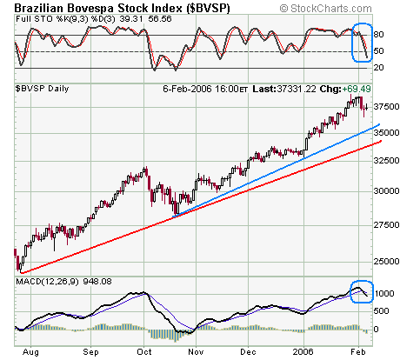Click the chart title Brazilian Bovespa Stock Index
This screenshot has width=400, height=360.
[x=98, y=8]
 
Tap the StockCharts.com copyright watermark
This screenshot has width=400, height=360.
[x=325, y=9]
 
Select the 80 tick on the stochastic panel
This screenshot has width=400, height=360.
[x=378, y=35]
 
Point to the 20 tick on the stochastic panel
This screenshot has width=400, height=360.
[x=378, y=68]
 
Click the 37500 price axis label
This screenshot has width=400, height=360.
[x=386, y=107]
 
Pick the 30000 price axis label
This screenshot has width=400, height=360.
[x=386, y=191]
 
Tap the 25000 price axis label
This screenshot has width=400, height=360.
[x=386, y=262]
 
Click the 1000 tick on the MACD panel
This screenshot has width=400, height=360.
[x=384, y=294]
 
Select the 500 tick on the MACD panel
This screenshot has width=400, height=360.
[x=381, y=311]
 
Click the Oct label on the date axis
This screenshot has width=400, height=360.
[x=144, y=352]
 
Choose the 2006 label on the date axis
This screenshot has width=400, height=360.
[x=303, y=352]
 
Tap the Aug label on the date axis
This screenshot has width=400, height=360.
[x=30, y=352]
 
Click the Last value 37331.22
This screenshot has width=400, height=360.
[x=297, y=89]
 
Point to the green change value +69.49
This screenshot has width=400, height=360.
[x=357, y=89]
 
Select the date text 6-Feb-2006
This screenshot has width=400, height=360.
[x=187, y=89]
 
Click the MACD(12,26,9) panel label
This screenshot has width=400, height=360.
[x=47, y=282]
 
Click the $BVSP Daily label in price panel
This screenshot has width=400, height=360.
[x=42, y=89]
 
